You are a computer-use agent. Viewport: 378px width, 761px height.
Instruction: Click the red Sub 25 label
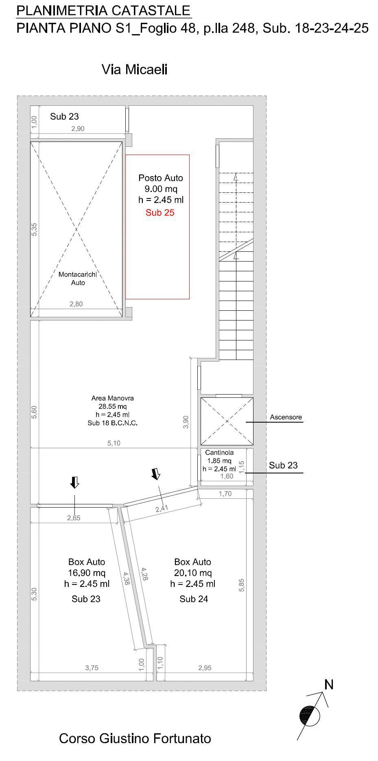[x=160, y=212]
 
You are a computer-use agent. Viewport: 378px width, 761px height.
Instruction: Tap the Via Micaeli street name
[x=134, y=70]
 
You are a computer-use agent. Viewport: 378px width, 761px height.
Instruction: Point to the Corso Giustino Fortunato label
[x=135, y=738]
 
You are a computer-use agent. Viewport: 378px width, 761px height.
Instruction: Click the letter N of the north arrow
[x=329, y=685]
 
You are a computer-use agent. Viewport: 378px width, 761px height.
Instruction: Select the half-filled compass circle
[x=310, y=716]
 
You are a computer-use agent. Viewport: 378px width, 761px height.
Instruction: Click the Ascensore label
[x=286, y=417]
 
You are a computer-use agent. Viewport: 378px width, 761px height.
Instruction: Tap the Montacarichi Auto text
[x=78, y=278]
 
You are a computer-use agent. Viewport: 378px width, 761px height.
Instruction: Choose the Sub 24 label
[x=194, y=599]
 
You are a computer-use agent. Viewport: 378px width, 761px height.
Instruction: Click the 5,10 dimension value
[x=114, y=443]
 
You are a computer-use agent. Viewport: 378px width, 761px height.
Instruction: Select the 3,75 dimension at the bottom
[x=92, y=667]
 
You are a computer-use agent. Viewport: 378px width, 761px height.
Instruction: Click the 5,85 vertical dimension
[x=242, y=585]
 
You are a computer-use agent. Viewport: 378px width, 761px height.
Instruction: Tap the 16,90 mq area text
[x=87, y=573]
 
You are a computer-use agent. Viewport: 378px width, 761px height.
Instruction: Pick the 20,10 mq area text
[x=193, y=573]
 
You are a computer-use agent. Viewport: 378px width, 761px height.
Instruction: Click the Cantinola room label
[x=219, y=452]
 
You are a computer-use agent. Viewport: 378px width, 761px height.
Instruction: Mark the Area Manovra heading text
[x=113, y=398]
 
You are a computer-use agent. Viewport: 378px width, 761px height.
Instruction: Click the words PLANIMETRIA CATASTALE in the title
[x=103, y=11]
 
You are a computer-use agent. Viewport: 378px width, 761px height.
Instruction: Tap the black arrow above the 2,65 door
[x=74, y=482]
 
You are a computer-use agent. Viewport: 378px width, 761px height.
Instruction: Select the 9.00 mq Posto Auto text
[x=161, y=189]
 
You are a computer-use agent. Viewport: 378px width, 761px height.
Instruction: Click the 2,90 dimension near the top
[x=78, y=129]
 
